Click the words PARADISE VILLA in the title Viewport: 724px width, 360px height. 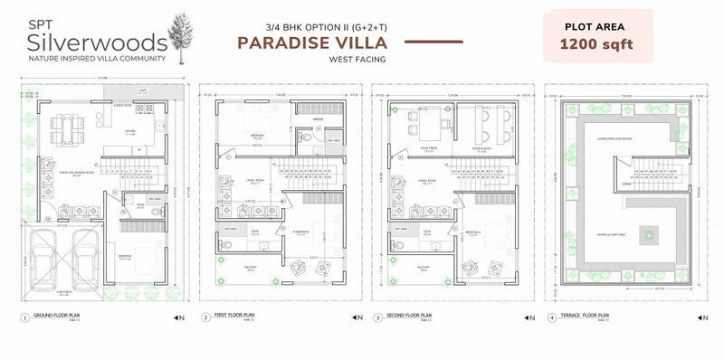(313, 43)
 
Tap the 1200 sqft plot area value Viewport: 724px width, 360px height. (596, 43)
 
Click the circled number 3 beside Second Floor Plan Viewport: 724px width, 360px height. (377, 317)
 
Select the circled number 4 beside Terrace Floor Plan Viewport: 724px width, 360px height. (551, 317)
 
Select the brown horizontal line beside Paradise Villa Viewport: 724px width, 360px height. (438, 43)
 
